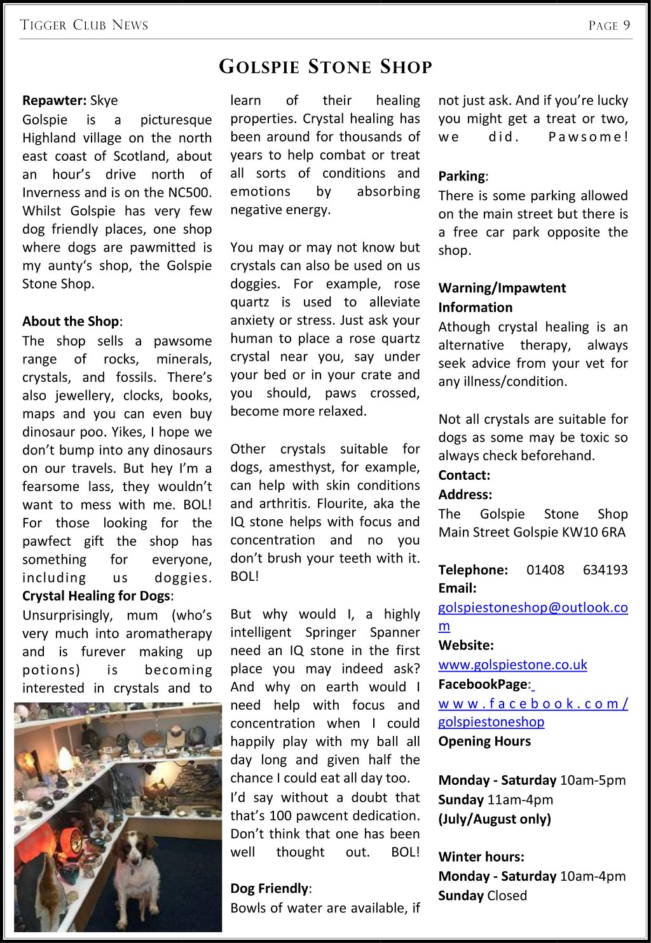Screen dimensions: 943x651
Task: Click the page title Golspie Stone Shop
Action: [325, 67]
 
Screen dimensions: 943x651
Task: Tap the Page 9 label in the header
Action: [609, 25]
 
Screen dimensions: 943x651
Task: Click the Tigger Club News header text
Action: [84, 25]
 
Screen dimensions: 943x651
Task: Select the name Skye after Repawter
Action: [104, 100]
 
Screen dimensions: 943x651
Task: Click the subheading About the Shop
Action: [71, 322]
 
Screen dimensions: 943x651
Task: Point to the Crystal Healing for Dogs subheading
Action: [96, 596]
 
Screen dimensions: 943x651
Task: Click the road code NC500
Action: [189, 193]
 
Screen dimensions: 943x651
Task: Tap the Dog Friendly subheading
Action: [269, 888]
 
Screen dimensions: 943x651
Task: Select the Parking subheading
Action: [462, 176]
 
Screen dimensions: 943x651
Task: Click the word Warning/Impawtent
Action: [502, 288]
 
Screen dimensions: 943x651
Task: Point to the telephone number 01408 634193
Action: [577, 569]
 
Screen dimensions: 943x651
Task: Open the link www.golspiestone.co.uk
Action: [512, 665]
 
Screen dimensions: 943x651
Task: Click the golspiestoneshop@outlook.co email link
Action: [533, 607]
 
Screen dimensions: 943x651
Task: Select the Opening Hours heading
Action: [484, 742]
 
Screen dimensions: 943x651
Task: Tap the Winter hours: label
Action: [481, 857]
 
